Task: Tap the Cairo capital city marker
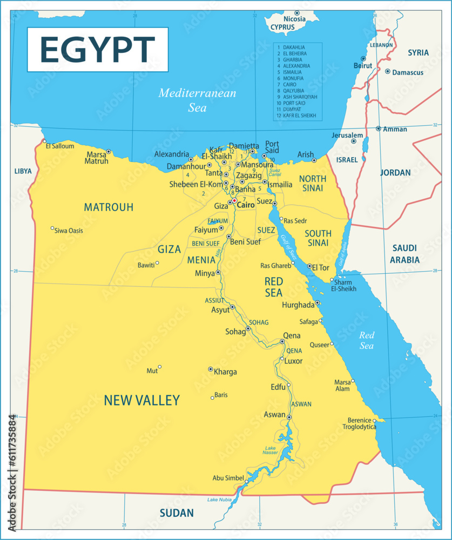tap(234, 201)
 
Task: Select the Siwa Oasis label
tap(69, 231)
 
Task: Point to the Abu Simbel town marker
tap(247, 481)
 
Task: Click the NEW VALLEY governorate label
tap(141, 400)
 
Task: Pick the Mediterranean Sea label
tap(197, 100)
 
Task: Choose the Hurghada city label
tap(298, 305)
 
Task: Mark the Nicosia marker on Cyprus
tap(296, 13)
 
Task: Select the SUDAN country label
tap(176, 513)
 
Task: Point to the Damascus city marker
tap(387, 71)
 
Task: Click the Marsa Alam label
tap(342, 385)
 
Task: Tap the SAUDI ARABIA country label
tap(404, 254)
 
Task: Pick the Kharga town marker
tap(211, 369)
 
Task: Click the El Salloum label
tap(60, 146)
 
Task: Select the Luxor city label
tap(293, 361)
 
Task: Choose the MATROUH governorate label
tap(109, 207)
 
